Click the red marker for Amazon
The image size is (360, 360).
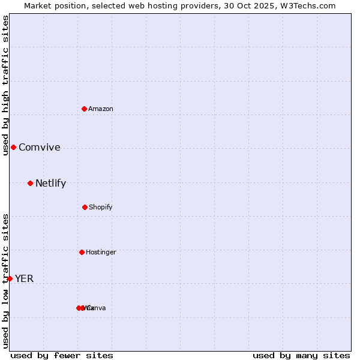click(84, 109)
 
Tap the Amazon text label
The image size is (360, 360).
click(101, 109)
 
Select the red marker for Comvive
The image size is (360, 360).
click(13, 147)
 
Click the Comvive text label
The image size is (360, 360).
click(40, 148)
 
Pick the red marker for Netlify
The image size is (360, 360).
click(30, 183)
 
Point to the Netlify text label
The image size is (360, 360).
click(50, 184)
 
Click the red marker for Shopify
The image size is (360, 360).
click(85, 207)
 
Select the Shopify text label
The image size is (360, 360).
click(101, 208)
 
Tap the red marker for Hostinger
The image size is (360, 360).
click(82, 252)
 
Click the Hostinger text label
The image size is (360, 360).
click(101, 253)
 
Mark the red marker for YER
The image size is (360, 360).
click(10, 278)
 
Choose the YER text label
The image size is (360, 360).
click(24, 278)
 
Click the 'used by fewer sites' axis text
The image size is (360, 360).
click(62, 355)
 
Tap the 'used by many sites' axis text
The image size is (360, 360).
click(301, 355)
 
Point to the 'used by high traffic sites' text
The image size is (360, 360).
click(5, 86)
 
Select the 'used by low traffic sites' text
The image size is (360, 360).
click(5, 280)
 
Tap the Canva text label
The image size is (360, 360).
click(97, 308)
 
